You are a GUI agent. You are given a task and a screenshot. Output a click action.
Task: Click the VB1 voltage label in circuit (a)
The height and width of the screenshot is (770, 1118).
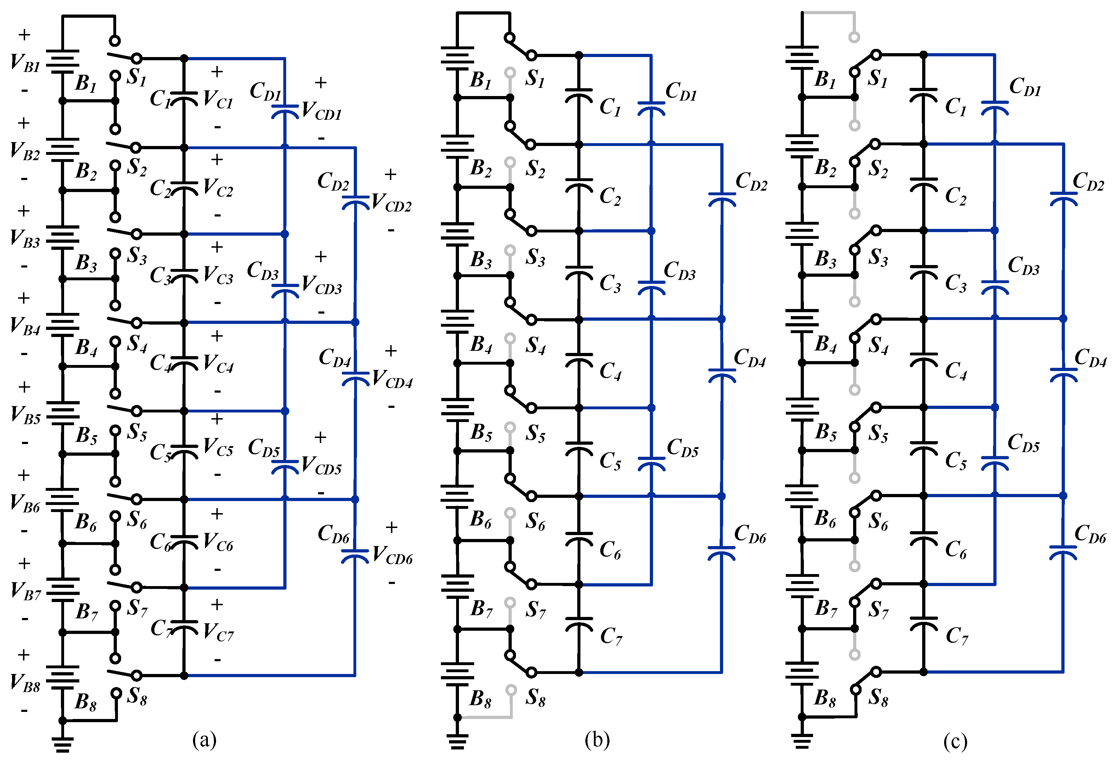coord(25,63)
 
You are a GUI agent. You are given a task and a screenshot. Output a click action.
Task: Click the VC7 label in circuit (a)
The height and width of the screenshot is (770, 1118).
coord(218,633)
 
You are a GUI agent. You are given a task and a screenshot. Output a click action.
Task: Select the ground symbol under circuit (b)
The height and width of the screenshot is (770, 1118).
coord(457,741)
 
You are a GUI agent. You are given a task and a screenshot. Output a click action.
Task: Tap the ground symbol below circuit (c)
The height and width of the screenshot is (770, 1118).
coord(802,741)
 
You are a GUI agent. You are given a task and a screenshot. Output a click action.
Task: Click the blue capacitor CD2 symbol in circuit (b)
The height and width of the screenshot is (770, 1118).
coord(722,199)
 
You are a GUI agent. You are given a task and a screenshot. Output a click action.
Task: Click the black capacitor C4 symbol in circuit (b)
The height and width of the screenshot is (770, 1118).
coord(579,359)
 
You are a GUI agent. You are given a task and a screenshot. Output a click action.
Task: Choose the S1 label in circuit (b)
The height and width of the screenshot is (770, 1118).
coord(535,79)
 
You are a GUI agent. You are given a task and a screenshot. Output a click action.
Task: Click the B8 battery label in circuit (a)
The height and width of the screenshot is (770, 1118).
coord(86,702)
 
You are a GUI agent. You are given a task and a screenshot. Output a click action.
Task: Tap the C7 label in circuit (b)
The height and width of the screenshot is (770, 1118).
coord(611,636)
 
